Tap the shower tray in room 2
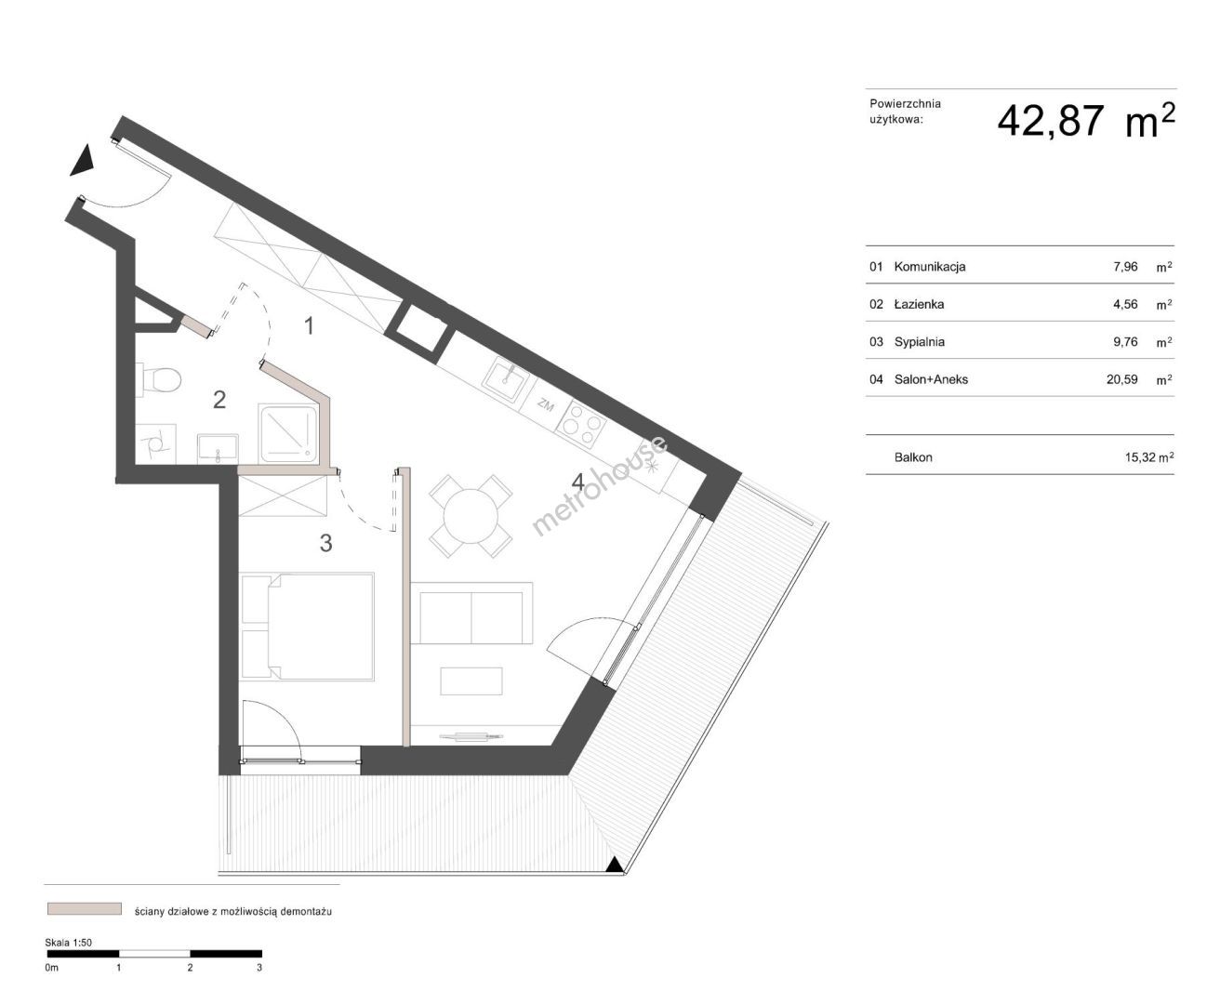pos(288,433)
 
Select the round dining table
pos(471,516)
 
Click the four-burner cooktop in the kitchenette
pos(580,425)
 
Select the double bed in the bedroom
pos(307,626)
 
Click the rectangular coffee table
pos(471,680)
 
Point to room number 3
pos(326,543)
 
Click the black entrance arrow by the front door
pos(83,160)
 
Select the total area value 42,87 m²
pos(1086,122)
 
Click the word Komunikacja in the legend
pos(930,267)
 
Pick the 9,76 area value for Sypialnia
pos(1125,341)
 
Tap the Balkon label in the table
pos(913,457)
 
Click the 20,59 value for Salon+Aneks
pos(1122,379)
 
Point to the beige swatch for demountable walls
pos(85,908)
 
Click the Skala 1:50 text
pos(68,942)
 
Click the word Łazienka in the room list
pos(919,304)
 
